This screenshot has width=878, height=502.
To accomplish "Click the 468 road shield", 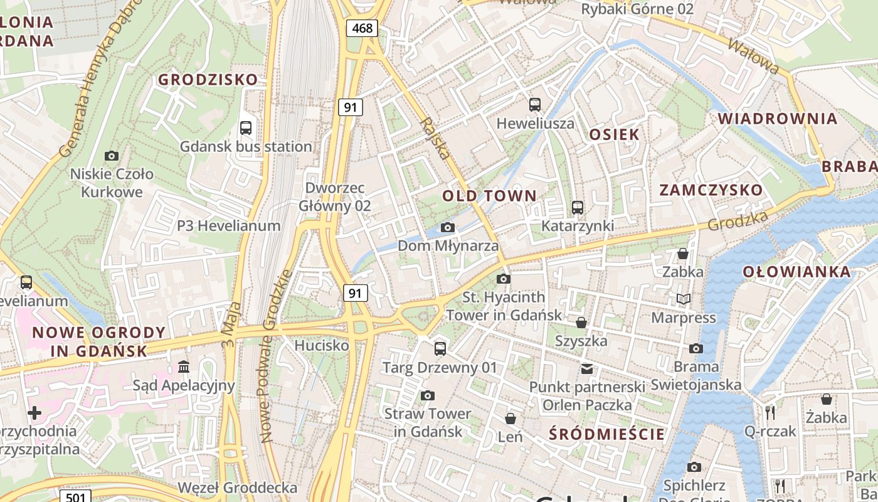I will pyautogui.click(x=362, y=28).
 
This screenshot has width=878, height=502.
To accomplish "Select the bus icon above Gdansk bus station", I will pyautogui.click(x=246, y=128).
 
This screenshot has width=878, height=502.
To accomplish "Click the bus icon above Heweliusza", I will pyautogui.click(x=535, y=105).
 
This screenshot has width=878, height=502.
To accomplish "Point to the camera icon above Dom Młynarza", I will pyautogui.click(x=448, y=227).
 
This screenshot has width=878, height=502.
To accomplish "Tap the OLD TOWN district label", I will pyautogui.click(x=489, y=196).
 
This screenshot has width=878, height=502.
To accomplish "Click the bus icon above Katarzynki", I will pyautogui.click(x=578, y=207).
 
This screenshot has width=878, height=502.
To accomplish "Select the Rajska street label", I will pyautogui.click(x=436, y=138).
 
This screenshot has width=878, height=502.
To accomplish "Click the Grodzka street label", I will pyautogui.click(x=738, y=220).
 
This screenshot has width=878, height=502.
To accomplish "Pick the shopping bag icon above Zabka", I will pyautogui.click(x=683, y=254).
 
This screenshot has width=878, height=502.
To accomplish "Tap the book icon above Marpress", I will pyautogui.click(x=683, y=299).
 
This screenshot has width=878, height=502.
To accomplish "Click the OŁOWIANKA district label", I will pyautogui.click(x=796, y=272).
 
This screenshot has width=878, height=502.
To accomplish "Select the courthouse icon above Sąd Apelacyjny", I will pyautogui.click(x=184, y=366).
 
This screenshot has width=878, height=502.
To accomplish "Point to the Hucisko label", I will pyautogui.click(x=322, y=345).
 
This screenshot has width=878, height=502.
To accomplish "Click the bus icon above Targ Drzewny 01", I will pyautogui.click(x=440, y=348).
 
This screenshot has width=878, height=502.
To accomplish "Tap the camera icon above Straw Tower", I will pyautogui.click(x=428, y=395).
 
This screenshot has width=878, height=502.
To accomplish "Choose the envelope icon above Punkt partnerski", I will pyautogui.click(x=586, y=368).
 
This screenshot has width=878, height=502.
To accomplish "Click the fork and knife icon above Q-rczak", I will pyautogui.click(x=770, y=412).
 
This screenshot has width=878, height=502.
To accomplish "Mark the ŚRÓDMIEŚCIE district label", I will pyautogui.click(x=606, y=434).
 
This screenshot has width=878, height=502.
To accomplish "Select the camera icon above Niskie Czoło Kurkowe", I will pyautogui.click(x=112, y=156).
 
